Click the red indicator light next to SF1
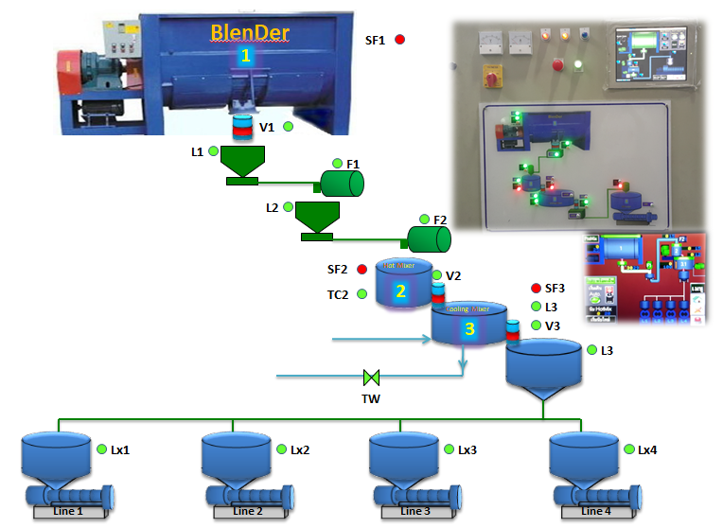point(399,40)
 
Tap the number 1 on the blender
point(246,56)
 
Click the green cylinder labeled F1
point(343,183)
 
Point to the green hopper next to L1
point(243,164)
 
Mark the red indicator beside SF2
point(361,270)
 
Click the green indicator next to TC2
point(361,294)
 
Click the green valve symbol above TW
point(371,378)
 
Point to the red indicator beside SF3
point(536,288)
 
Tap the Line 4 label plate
point(595,511)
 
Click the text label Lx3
point(467,450)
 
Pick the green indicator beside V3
point(536,326)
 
